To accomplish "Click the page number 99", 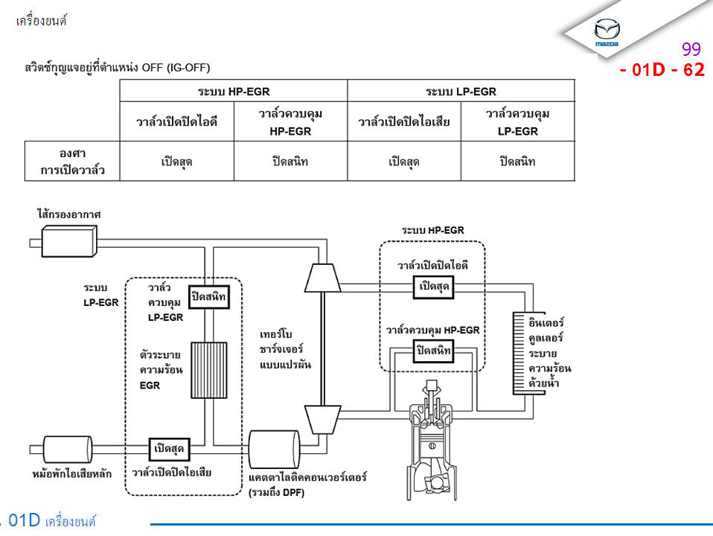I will (x=691, y=50).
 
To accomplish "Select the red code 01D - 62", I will (x=662, y=71).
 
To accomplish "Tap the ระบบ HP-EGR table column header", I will (x=234, y=91).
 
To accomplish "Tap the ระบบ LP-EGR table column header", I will (x=461, y=91).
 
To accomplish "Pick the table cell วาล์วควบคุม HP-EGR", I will (x=290, y=121).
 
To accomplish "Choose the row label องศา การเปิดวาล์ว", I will (x=72, y=161).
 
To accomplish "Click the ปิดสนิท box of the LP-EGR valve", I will (x=209, y=297).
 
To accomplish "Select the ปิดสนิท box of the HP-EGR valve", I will (x=433, y=350).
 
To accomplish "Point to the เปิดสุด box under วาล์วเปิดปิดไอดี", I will (x=433, y=287).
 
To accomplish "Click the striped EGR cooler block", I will (x=209, y=370).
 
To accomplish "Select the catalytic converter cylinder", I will (x=274, y=449).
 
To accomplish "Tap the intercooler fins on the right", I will (x=523, y=351).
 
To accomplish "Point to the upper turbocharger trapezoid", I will (x=322, y=278).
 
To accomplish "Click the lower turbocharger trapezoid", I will (x=322, y=420).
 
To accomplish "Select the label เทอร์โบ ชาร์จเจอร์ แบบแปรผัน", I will (x=286, y=349).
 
